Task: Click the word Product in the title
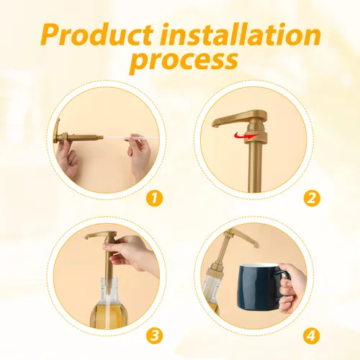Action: pos(97,35)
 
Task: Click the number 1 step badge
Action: pos(154,198)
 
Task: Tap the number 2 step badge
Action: pos(312,198)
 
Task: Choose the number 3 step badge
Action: pos(154,336)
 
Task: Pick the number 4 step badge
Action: pos(312,336)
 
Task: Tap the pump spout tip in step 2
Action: pos(215,124)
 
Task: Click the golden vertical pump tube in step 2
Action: pos(255,168)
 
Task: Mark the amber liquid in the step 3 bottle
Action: pos(109,315)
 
